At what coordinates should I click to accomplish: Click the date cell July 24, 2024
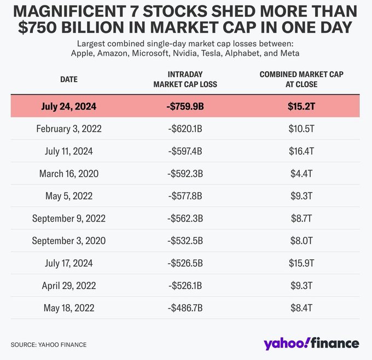tap(68, 107)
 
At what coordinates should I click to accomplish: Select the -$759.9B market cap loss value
tap(185, 107)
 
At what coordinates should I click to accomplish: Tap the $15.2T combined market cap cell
tap(301, 107)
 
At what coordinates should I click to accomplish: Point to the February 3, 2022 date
tap(68, 129)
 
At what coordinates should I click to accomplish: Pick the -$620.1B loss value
tap(185, 129)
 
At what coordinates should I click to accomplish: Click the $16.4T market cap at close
tap(301, 152)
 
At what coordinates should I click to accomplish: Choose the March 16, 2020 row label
tap(68, 174)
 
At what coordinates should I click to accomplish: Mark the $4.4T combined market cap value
tap(301, 174)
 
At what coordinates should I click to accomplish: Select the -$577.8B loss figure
tap(185, 196)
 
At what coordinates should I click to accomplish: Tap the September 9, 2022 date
tap(68, 218)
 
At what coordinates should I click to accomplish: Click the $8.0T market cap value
tap(301, 241)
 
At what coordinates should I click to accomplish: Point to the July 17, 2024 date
tap(68, 263)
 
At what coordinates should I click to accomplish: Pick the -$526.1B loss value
tap(185, 285)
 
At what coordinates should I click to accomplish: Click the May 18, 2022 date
tap(68, 307)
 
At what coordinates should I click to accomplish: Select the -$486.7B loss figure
tap(185, 307)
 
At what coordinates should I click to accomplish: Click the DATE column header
tap(68, 79)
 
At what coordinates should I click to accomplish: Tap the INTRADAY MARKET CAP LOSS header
tap(185, 79)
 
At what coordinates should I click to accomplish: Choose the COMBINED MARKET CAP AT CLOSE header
tap(301, 79)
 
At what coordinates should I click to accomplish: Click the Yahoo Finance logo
tap(311, 343)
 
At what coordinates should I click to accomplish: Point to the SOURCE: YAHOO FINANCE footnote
tap(49, 345)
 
